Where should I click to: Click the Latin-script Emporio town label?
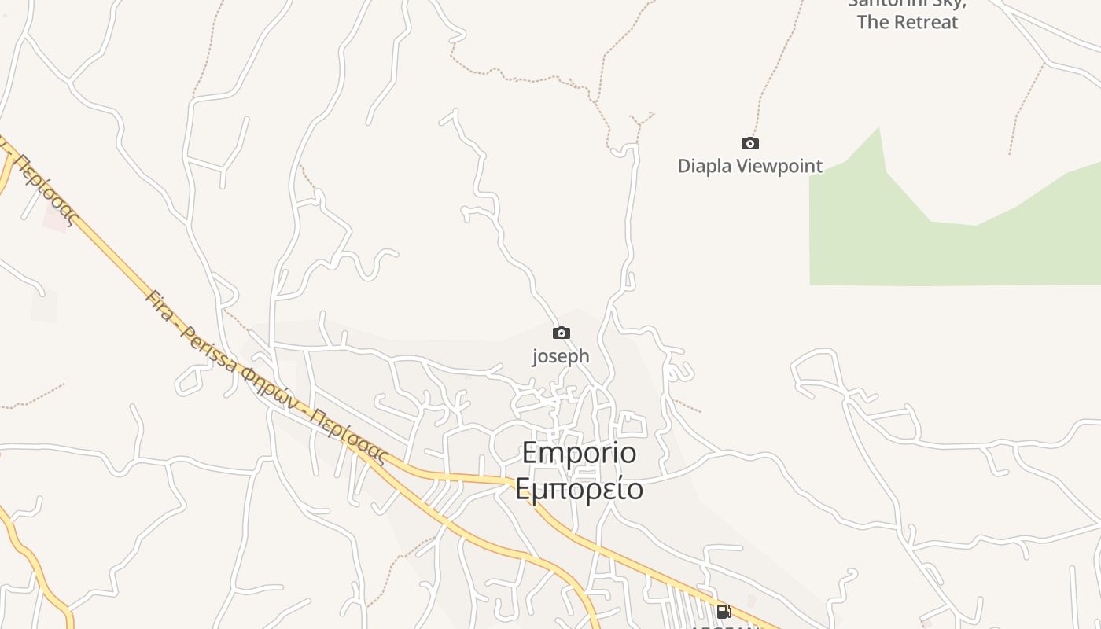click(x=579, y=453)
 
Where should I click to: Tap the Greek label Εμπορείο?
click(x=579, y=489)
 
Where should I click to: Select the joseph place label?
click(x=561, y=356)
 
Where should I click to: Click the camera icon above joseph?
click(x=561, y=333)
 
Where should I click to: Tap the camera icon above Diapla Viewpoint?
click(x=750, y=143)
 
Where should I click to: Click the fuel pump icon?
click(x=724, y=611)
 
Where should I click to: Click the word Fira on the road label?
click(x=160, y=305)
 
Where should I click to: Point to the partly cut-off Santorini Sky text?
click(x=906, y=4)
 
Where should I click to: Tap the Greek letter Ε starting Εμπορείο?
click(x=524, y=489)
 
